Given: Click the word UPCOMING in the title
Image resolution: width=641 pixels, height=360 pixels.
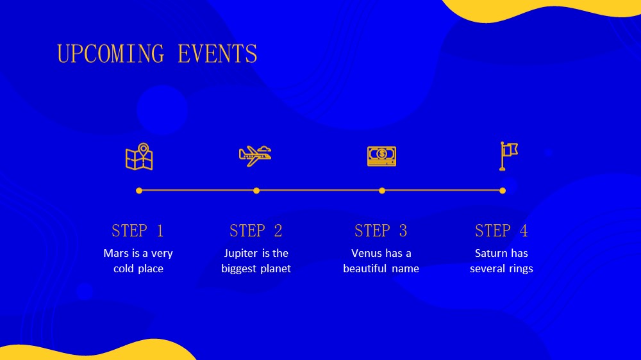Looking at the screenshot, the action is coord(110,54).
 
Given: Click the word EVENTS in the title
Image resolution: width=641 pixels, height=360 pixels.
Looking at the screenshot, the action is coord(217,54).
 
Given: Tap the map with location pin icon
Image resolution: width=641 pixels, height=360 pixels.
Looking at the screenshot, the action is coord(139,156).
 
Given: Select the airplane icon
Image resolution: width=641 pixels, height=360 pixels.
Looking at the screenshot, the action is coord(255,156).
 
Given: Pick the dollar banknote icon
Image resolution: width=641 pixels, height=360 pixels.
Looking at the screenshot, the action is coord(381,156).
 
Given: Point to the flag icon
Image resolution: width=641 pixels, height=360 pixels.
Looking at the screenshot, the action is coord(508,156).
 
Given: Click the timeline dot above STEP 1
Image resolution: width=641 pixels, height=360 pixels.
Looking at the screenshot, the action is coord(139,190).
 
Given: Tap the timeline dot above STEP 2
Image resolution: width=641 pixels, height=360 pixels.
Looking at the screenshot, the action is coord(256,190).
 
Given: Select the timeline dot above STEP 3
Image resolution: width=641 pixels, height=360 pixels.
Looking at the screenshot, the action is coord(382,190).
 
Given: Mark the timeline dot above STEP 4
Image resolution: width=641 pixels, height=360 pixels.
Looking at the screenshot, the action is coord(503,190).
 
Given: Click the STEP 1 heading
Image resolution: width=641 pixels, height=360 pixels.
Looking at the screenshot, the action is coord(138,231).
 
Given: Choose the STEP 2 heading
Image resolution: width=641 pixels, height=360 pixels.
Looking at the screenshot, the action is coord(256,231).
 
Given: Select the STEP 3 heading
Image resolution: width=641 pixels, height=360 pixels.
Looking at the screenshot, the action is coord(381,231).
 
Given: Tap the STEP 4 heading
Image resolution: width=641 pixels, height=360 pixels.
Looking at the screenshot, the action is coord(502,231).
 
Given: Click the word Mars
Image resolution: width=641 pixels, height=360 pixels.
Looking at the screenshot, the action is coord(116,254).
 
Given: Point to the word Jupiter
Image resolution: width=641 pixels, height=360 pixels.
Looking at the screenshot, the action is coord(240,254).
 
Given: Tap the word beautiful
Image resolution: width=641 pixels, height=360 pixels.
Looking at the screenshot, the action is coord(365,268).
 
